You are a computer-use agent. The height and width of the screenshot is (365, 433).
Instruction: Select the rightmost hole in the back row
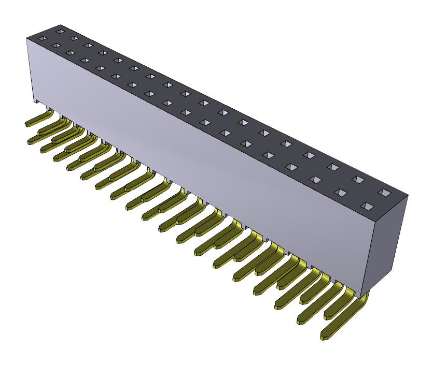[384, 192]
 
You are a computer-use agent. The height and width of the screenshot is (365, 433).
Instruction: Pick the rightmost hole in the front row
[368, 207]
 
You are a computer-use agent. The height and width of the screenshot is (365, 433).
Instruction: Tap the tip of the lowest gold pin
[323, 337]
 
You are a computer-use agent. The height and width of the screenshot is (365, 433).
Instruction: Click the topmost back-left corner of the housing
[61, 24]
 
